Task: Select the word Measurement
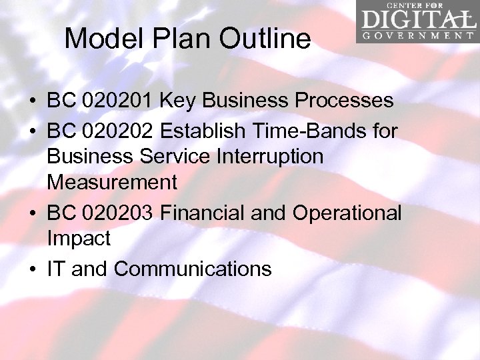point(112,182)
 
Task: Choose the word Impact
point(78,238)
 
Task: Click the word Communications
point(193,269)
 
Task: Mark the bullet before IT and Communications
point(32,269)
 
